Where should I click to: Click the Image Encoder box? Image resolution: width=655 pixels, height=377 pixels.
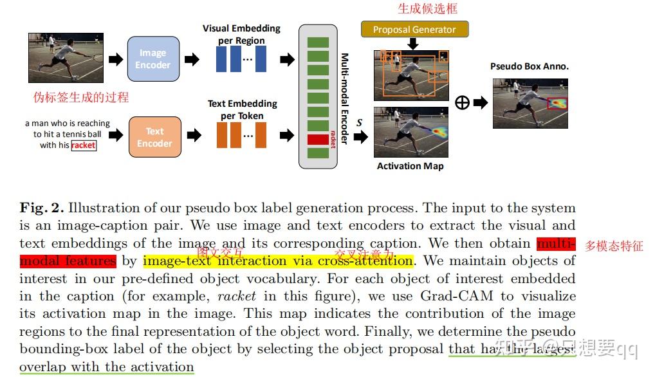153,59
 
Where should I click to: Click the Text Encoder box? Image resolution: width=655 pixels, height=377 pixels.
154,136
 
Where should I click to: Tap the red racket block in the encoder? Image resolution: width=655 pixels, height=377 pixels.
318,138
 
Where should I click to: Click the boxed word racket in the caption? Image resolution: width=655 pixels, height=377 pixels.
84,145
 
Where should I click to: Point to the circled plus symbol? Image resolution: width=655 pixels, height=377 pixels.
461,102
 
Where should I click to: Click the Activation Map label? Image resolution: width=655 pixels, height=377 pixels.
410,166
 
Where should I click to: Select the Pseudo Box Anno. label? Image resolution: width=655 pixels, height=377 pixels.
530,66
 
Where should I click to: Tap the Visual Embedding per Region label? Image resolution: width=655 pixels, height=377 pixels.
241,34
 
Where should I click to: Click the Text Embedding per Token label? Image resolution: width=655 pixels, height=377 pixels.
242,109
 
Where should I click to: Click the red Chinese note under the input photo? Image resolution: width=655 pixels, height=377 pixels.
81,97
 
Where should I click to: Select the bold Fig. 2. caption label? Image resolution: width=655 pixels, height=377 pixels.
41,208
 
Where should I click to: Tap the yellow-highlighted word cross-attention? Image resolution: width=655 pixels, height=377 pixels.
374,261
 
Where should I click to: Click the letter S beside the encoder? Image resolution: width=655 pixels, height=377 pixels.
360,122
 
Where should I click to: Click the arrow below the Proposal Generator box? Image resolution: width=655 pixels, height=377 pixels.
413,44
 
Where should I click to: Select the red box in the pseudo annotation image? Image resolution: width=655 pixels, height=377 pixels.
557,104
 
